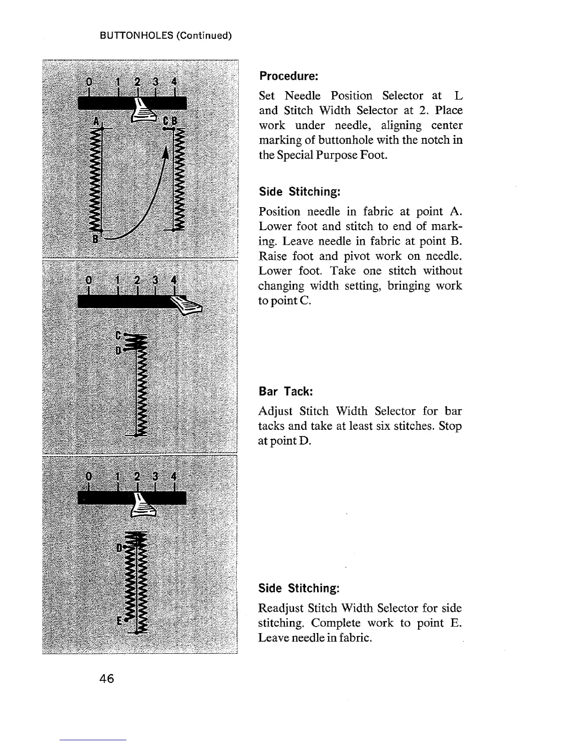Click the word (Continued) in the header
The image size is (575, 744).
(204, 36)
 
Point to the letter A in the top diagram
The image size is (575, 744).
(96, 121)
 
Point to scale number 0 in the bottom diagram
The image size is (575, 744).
(88, 476)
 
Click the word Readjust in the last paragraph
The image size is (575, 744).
(282, 608)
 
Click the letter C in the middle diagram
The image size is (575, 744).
(118, 336)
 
